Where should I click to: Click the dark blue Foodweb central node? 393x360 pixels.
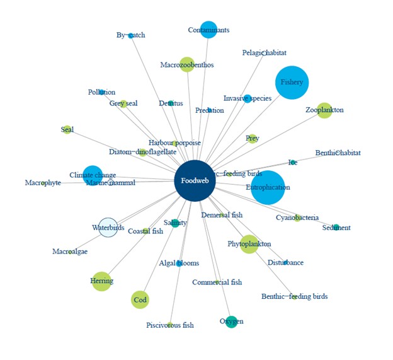pyautogui.click(x=195, y=181)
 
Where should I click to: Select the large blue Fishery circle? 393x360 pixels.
pyautogui.click(x=292, y=83)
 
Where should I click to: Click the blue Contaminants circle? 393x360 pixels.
pyautogui.click(x=208, y=30)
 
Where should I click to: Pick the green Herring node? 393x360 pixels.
pyautogui.click(x=101, y=281)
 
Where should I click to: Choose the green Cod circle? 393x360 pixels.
pyautogui.click(x=140, y=300)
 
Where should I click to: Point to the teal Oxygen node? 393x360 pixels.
pyautogui.click(x=231, y=322)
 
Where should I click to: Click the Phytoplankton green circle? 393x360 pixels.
pyautogui.click(x=249, y=244)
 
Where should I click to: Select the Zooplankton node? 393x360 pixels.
pyautogui.click(x=324, y=110)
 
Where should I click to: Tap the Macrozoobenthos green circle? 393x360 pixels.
pyautogui.click(x=187, y=64)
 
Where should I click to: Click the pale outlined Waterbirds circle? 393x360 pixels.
pyautogui.click(x=108, y=228)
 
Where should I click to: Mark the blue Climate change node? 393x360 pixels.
pyautogui.click(x=93, y=175)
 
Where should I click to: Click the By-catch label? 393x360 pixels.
pyautogui.click(x=131, y=35)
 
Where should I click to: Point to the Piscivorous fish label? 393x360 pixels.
pyautogui.click(x=170, y=325)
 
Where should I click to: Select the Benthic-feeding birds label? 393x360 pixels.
pyautogui.click(x=294, y=296)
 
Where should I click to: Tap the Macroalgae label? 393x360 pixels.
pyautogui.click(x=70, y=252)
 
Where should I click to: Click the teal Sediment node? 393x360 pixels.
pyautogui.click(x=336, y=228)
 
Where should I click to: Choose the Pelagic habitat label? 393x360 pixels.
pyautogui.click(x=265, y=53)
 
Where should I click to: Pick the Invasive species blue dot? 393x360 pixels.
pyautogui.click(x=248, y=98)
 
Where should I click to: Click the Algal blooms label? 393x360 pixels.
pyautogui.click(x=179, y=264)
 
